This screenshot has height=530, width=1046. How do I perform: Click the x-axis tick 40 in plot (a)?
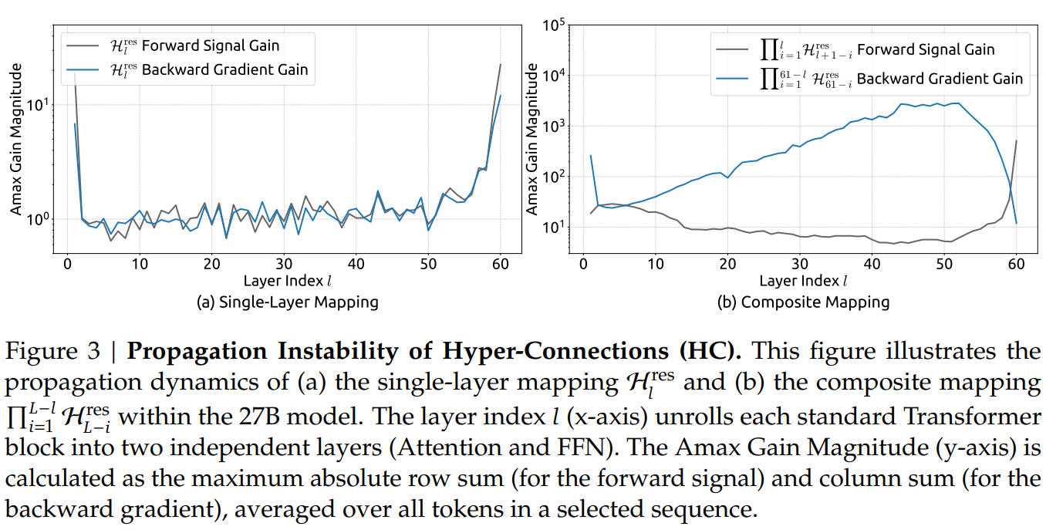(356, 264)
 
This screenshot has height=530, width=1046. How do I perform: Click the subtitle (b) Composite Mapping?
(803, 302)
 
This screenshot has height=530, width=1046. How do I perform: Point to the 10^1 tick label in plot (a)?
(41, 104)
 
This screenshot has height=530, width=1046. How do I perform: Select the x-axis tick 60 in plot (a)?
(501, 264)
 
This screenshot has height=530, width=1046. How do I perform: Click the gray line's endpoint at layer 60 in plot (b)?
(1016, 141)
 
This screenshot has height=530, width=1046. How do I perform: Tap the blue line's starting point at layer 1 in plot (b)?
(590, 156)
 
